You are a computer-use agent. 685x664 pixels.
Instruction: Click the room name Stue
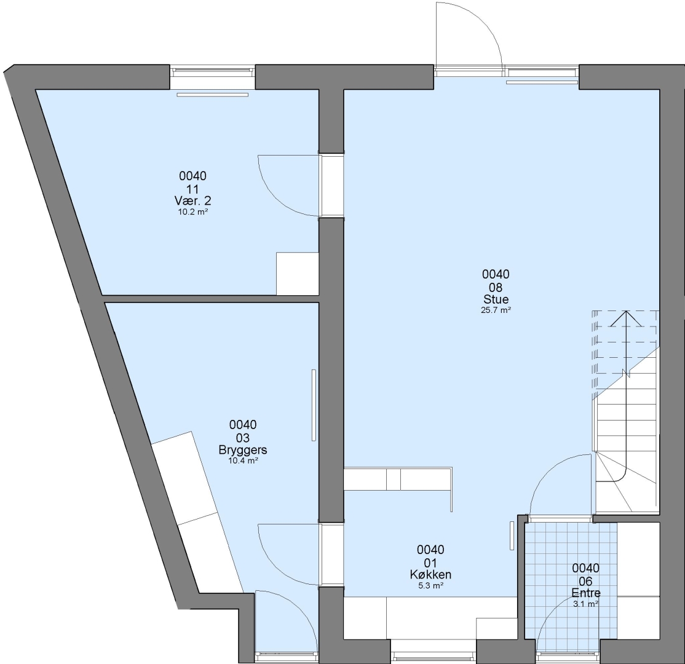(496, 299)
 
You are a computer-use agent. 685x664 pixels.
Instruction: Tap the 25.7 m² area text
(496, 310)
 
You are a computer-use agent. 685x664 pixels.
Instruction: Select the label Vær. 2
(192, 201)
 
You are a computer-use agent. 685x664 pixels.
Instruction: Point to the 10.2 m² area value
(192, 212)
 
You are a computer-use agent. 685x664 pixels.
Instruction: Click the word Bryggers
(243, 450)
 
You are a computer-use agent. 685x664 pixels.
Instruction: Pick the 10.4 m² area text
(243, 460)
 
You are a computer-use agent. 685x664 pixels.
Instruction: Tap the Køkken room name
(431, 574)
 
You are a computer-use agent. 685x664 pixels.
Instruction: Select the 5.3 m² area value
(431, 586)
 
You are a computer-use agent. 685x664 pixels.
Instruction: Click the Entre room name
(586, 593)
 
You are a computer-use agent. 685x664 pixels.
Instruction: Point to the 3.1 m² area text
(586, 604)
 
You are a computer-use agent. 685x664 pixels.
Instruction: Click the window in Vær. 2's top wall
(212, 71)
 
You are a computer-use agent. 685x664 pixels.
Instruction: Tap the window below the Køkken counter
(433, 656)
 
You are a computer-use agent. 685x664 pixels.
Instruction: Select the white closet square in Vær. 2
(298, 274)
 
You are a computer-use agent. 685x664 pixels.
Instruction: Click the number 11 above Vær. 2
(192, 189)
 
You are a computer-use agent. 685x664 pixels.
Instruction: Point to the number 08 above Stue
(496, 288)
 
